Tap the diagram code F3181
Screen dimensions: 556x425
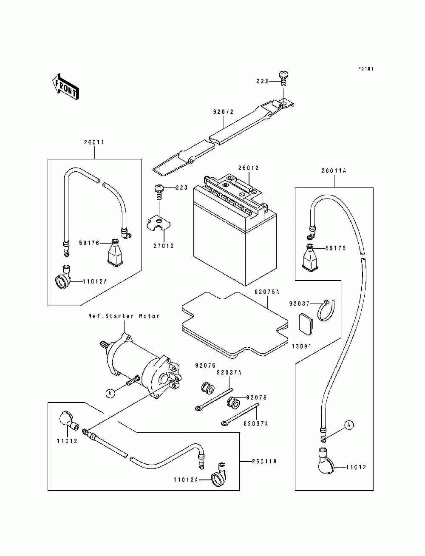[365, 69]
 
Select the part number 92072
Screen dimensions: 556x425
[223, 112]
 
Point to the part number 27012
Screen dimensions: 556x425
[164, 246]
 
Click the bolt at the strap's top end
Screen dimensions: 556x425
[284, 77]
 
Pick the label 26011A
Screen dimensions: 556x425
[334, 171]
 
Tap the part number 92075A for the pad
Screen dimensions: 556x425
[267, 292]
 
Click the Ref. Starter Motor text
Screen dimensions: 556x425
[124, 316]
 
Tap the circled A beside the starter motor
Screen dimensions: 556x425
[110, 393]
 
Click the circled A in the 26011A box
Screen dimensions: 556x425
[348, 424]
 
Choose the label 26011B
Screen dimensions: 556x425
[264, 461]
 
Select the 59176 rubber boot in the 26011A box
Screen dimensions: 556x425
[311, 258]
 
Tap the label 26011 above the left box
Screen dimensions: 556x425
[94, 142]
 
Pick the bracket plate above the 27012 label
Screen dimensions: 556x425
[158, 224]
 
